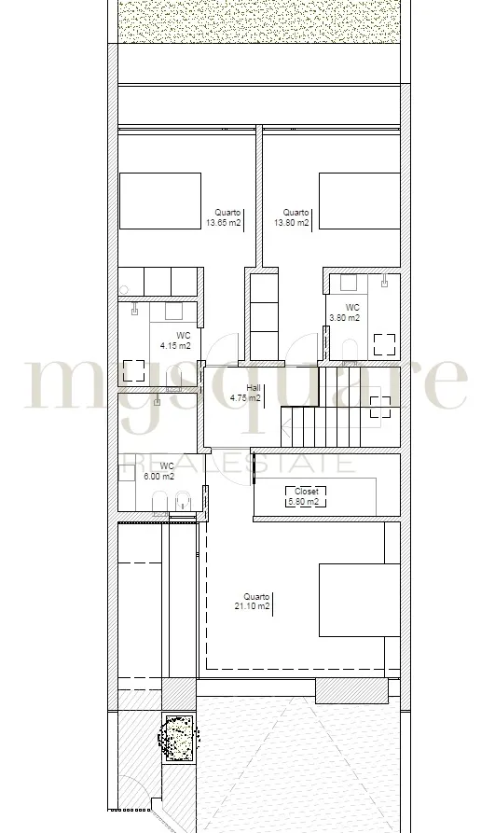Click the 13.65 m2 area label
click(223, 218)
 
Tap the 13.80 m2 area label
click(291, 218)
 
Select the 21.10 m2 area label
click(253, 602)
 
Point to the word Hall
click(254, 388)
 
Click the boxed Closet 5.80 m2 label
click(306, 496)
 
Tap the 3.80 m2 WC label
click(345, 312)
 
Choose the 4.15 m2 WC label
click(176, 341)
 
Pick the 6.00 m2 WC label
click(158, 472)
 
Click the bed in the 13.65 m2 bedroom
click(159, 201)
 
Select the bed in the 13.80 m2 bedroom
click(360, 201)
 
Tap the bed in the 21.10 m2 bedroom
click(360, 601)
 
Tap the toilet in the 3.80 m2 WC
click(350, 349)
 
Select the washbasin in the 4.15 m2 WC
click(172, 312)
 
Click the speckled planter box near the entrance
click(178, 738)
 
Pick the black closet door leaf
click(254, 468)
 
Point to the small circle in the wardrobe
click(124, 290)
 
